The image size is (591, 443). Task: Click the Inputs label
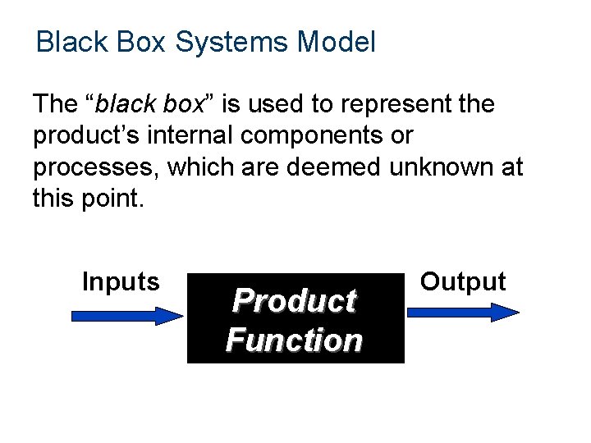[x=121, y=282]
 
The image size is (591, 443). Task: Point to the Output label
[x=463, y=282]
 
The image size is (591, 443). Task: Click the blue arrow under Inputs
[x=127, y=315]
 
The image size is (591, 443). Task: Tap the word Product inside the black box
[x=294, y=301]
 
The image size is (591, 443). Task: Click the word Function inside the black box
[x=294, y=340]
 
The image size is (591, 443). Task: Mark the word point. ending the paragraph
[x=113, y=198]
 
